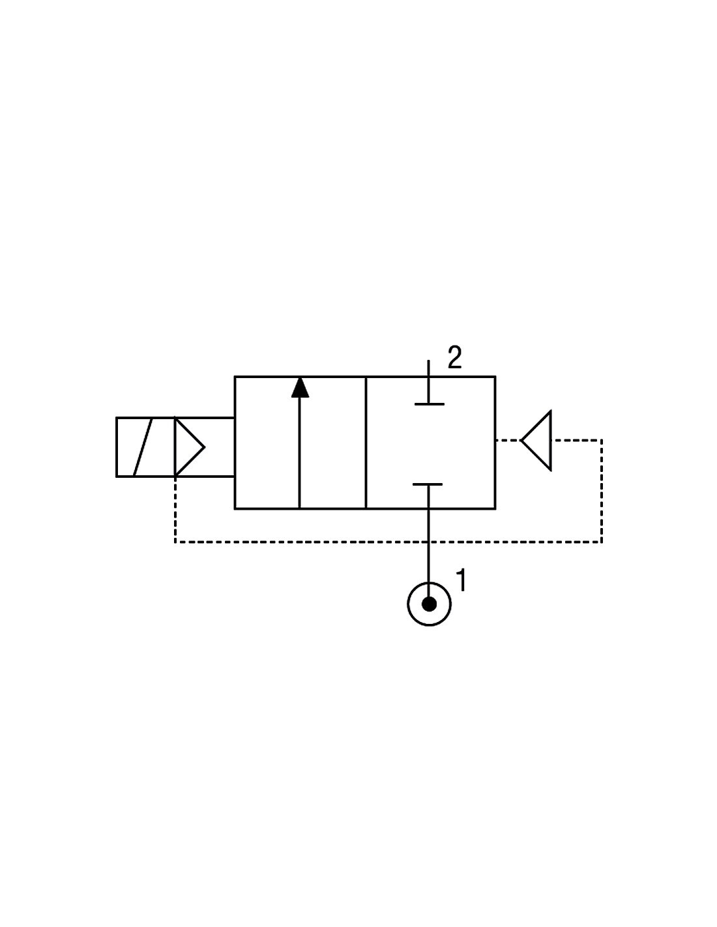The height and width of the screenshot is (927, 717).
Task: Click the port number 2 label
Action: (x=454, y=357)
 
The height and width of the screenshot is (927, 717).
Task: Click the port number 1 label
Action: (x=461, y=580)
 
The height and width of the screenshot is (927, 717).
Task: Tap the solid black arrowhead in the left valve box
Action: (x=300, y=387)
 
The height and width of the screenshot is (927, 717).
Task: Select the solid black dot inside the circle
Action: (x=429, y=604)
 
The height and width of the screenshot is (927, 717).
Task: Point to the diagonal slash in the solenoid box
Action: (x=143, y=447)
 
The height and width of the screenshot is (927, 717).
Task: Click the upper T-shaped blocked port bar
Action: (x=429, y=404)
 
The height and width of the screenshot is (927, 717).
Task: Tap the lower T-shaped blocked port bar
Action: (x=428, y=484)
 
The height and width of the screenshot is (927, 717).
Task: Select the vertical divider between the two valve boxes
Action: (x=366, y=443)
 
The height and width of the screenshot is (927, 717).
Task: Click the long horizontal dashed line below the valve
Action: (x=388, y=542)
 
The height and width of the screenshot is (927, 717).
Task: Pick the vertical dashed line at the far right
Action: (x=602, y=491)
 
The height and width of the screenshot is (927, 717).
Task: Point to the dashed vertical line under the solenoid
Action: (x=175, y=509)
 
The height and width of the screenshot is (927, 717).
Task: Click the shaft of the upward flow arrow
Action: (x=299, y=452)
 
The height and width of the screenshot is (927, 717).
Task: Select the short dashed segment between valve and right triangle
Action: (x=508, y=440)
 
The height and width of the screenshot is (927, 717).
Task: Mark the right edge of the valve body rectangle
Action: (x=495, y=443)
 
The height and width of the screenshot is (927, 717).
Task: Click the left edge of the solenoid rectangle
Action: (x=117, y=447)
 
